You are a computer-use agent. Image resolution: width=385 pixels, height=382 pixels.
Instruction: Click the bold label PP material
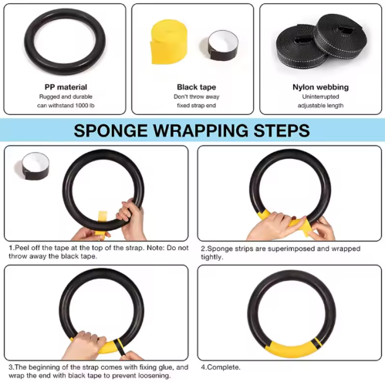(65, 87)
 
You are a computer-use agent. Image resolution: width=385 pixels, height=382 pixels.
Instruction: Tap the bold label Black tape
(192, 87)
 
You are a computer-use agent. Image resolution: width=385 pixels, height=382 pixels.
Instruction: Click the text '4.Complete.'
(221, 367)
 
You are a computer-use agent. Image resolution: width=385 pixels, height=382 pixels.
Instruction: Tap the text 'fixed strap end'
(192, 107)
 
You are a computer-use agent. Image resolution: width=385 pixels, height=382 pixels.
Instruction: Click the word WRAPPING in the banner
(203, 130)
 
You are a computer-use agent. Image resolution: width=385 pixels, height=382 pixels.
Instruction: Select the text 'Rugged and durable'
(65, 97)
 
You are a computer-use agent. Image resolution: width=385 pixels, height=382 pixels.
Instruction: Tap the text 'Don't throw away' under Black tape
(192, 97)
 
